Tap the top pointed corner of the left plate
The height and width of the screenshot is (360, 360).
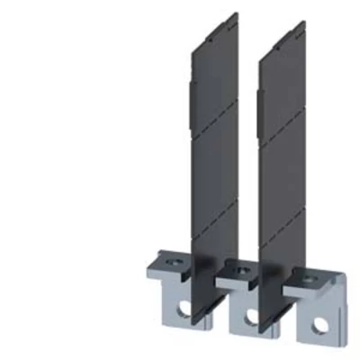point(236,14)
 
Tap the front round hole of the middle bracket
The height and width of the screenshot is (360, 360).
point(251,316)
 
